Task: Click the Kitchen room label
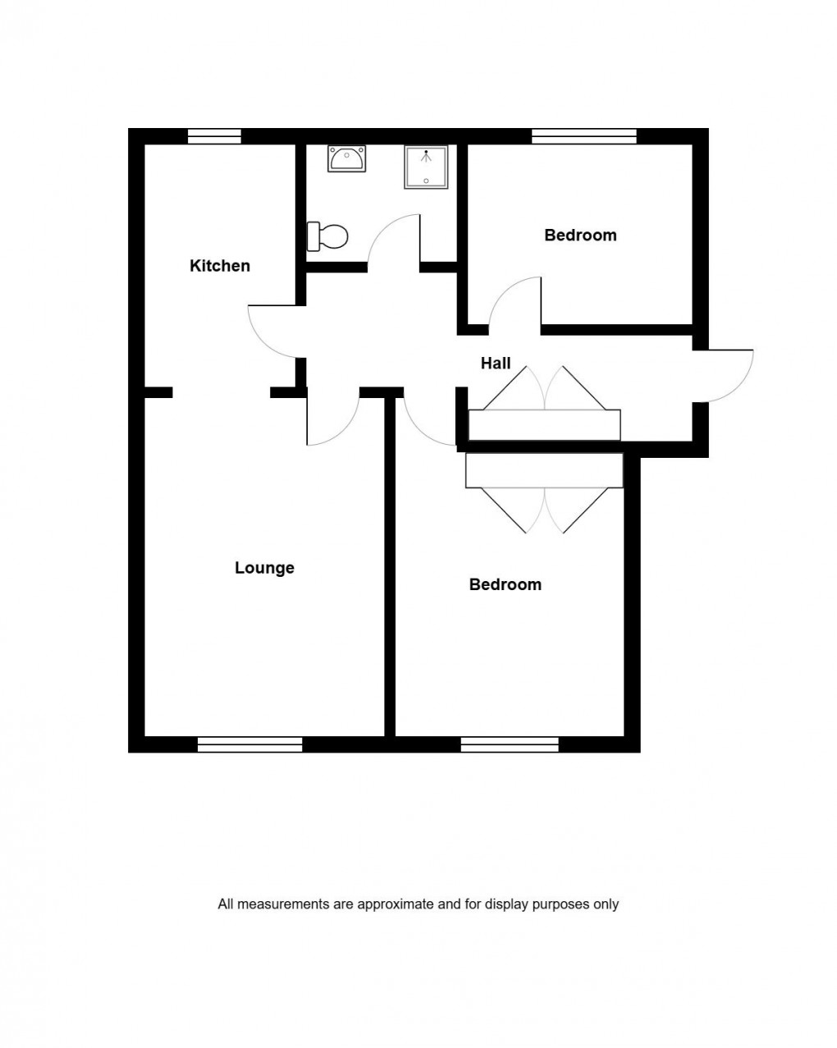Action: point(219,266)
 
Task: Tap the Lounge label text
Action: point(264,568)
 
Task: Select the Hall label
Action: point(496,363)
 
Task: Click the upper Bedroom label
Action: point(580,236)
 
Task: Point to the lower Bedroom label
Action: point(505,584)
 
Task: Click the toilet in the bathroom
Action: point(327,236)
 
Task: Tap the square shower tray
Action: point(426,167)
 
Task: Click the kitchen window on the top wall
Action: point(214,136)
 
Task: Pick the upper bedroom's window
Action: point(584,136)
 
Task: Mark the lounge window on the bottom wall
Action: point(250,744)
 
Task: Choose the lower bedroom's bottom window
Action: point(510,744)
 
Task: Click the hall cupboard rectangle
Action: point(544,425)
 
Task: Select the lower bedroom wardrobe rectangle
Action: point(544,470)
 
